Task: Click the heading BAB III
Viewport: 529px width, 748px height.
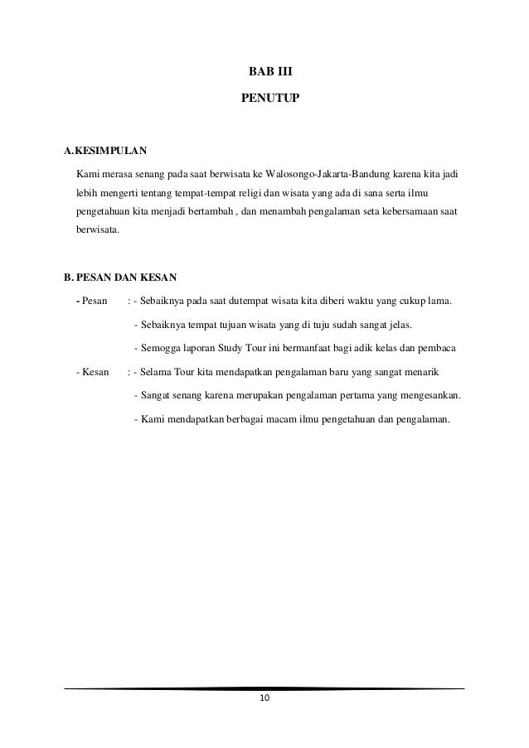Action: tap(264, 72)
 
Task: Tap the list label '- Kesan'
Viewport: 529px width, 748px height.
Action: tap(92, 372)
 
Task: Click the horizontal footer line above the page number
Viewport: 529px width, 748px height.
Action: tap(264, 688)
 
